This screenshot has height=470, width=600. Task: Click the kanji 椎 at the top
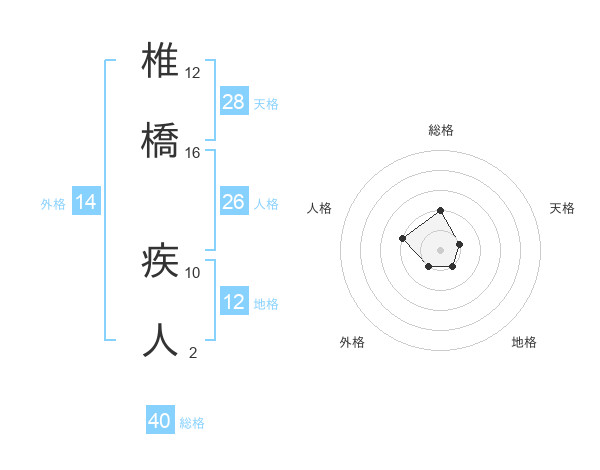coord(161,63)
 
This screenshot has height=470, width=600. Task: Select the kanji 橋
coord(161,139)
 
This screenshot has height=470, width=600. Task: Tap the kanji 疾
coord(161,262)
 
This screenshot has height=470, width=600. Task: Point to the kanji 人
coord(161,340)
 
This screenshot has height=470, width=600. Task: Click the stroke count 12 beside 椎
coord(193,73)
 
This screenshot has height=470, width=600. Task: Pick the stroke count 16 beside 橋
coord(193,152)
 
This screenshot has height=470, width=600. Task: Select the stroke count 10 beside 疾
coord(193,272)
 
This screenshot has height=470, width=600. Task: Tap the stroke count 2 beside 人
coord(193,351)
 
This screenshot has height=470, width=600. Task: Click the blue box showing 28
coord(234,102)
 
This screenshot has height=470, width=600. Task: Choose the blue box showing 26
coord(234,202)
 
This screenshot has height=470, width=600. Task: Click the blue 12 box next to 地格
coord(234,302)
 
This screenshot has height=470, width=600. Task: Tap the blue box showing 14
coord(86,202)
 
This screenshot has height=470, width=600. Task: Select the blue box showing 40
coord(160,421)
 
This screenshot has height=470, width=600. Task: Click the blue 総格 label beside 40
coord(192,423)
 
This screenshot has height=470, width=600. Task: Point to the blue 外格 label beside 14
coord(53,204)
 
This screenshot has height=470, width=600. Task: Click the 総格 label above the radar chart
coord(441,130)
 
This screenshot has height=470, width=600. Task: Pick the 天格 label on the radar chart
coord(562,208)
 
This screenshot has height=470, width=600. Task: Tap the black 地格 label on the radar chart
coord(524,342)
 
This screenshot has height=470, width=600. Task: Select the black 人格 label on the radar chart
coord(320,208)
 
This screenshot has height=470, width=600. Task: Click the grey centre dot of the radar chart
coord(441,249)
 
